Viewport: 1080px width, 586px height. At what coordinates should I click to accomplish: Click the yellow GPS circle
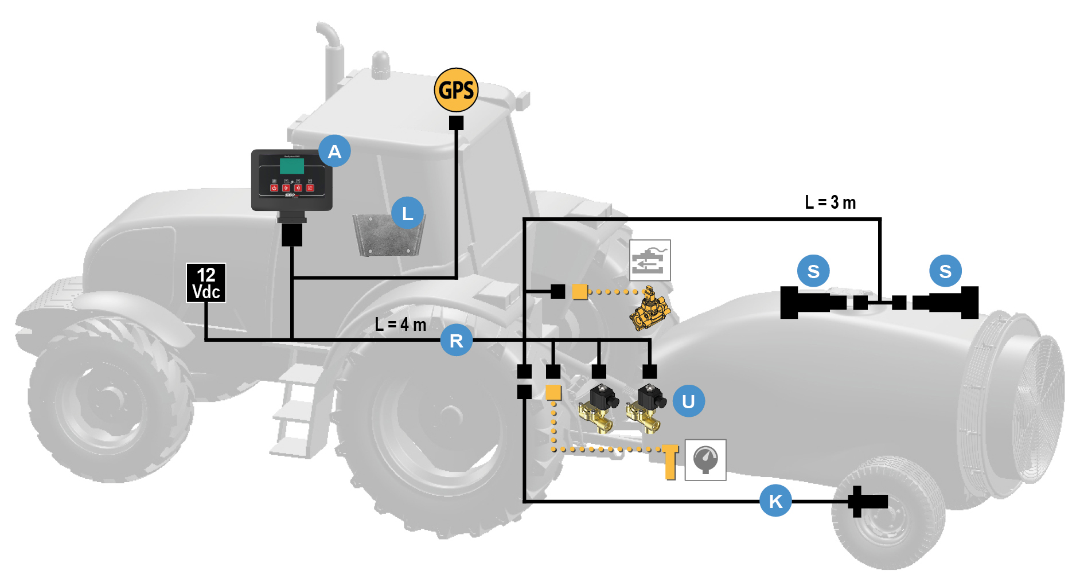pos(456,90)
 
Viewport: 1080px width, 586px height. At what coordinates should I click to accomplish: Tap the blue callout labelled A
pos(334,151)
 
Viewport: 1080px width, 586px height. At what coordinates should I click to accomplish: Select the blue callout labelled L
pos(407,213)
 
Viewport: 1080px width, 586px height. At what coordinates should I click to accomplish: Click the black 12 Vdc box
pos(206,283)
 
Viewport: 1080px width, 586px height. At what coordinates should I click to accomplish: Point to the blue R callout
pos(456,341)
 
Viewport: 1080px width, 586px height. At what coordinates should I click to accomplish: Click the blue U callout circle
pos(688,401)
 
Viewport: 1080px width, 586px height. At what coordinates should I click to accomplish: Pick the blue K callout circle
pos(775,501)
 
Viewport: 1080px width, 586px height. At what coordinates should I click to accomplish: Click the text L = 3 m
pos(830,202)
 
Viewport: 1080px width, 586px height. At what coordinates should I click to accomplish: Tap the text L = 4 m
pos(400,325)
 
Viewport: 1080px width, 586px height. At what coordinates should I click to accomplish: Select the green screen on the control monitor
pos(292,166)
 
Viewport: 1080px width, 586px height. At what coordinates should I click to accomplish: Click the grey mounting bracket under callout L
pos(388,235)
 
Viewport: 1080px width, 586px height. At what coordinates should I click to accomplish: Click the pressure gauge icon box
pos(705,460)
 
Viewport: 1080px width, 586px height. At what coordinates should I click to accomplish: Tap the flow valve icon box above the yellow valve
pos(650,260)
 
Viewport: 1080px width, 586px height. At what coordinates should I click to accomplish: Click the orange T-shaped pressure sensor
pos(670,461)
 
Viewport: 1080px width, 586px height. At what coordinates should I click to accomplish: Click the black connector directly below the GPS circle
pos(456,123)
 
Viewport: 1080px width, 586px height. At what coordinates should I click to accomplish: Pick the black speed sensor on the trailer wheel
pos(866,502)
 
